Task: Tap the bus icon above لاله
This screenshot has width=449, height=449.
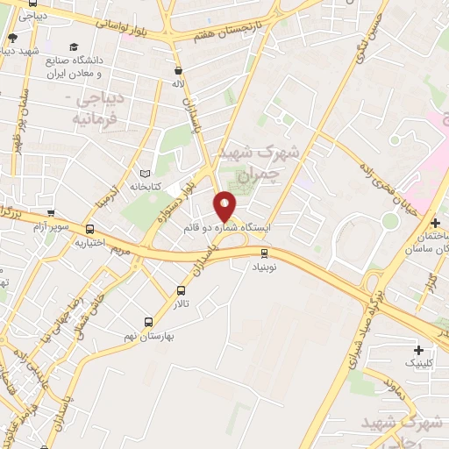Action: pos(179,69)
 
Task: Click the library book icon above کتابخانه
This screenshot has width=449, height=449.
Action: pos(145,173)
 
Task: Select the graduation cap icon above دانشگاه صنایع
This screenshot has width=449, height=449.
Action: pos(75,46)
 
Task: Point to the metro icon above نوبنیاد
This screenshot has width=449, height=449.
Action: pos(264,253)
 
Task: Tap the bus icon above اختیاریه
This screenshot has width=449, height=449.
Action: pos(89,230)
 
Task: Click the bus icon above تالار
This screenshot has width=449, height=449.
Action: pos(182,290)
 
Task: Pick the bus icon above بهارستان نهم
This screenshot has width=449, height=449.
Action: pos(147,322)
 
